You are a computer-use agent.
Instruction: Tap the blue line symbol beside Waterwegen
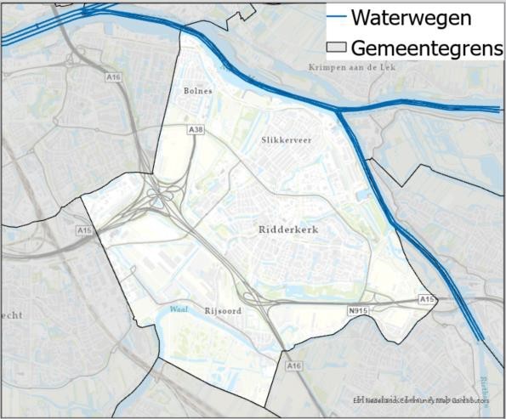(x=337, y=16)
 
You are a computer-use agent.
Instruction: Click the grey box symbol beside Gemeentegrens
(x=337, y=48)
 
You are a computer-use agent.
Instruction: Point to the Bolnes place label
(x=197, y=90)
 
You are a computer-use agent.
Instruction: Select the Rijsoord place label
(x=223, y=311)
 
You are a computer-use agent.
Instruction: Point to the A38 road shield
(x=196, y=130)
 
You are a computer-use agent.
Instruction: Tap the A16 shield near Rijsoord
(x=293, y=365)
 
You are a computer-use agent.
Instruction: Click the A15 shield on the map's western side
(x=83, y=230)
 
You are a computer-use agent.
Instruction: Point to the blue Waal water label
(x=178, y=309)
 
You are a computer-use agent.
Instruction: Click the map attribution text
(x=421, y=400)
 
